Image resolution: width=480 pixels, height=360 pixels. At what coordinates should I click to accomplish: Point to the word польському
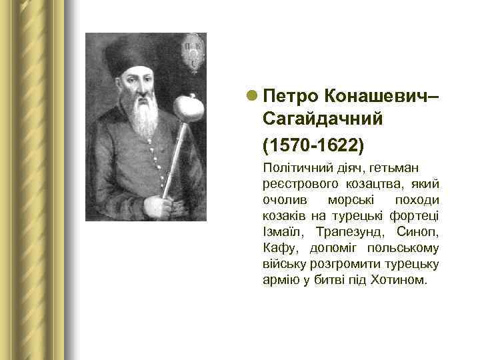(406, 248)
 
